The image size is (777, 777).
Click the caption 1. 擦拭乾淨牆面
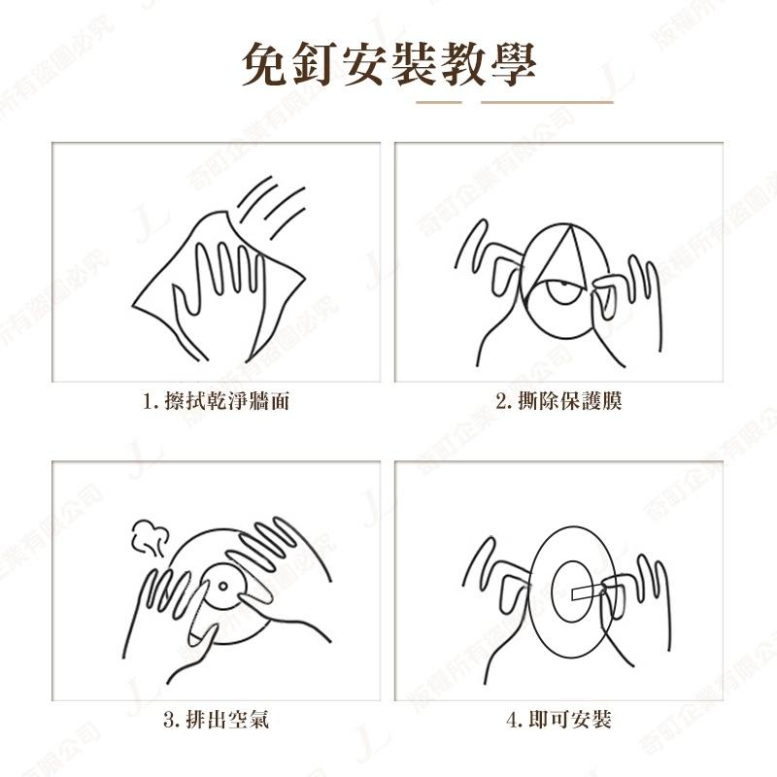point(216,401)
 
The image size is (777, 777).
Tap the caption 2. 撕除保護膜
point(557,401)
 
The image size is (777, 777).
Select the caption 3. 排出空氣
point(215,720)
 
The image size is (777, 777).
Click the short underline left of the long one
point(438,101)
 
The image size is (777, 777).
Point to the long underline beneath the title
point(547,101)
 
